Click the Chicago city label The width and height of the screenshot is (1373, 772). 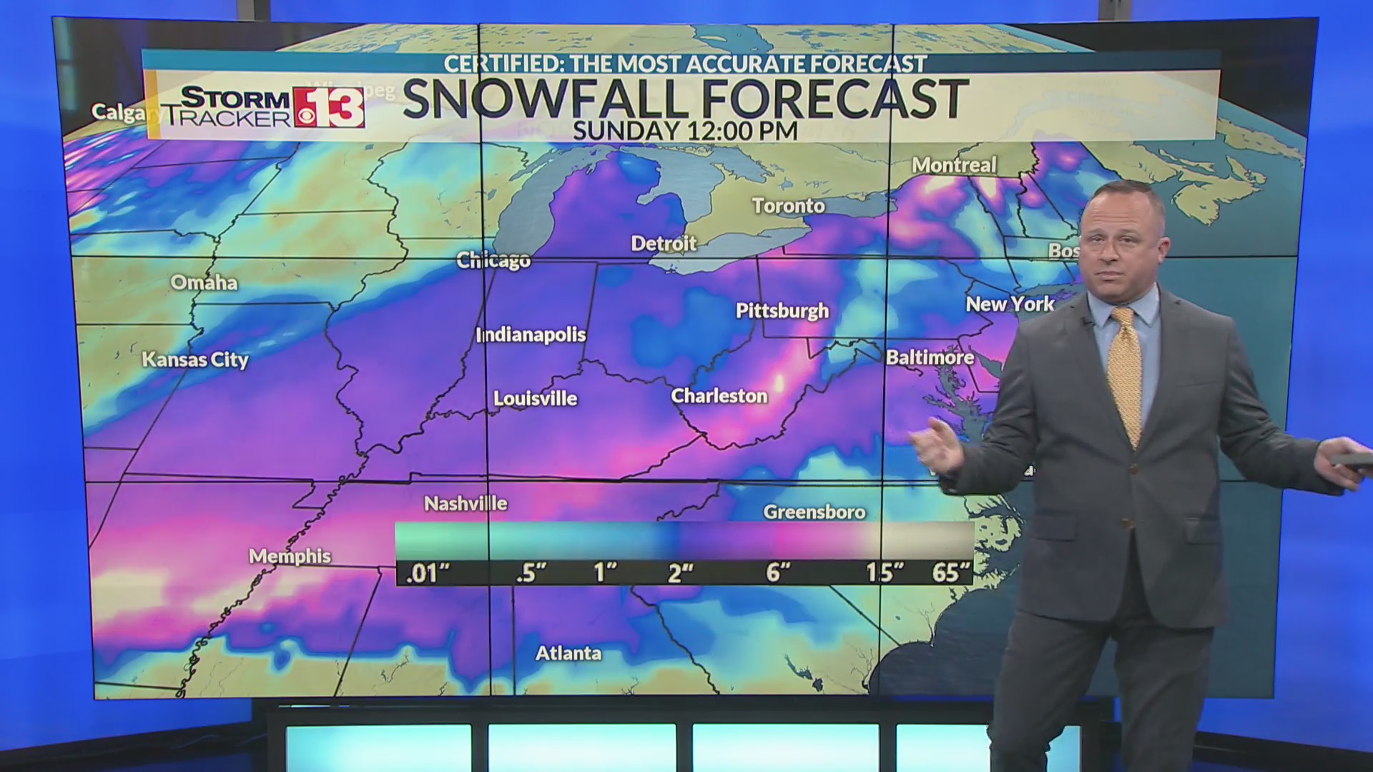point(493,260)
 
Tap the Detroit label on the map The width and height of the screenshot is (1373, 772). point(664,244)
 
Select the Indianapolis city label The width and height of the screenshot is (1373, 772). point(531,335)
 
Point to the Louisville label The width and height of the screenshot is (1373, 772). point(535,398)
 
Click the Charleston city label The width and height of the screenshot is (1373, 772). point(719,395)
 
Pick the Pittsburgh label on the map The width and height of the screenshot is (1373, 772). point(782,310)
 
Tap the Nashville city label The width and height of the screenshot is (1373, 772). point(466,504)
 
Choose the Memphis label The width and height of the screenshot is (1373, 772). point(290,555)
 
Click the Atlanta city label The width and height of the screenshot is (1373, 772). point(569,653)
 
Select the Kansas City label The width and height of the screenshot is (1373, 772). point(195,359)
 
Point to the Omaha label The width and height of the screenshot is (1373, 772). point(204,282)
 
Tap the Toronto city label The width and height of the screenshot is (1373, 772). point(788,206)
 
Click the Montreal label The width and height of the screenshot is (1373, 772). point(954,165)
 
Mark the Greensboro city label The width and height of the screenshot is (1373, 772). point(814,512)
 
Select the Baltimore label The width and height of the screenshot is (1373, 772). point(930,357)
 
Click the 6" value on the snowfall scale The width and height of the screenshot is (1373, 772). point(778,572)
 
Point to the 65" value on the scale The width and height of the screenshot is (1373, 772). point(951,572)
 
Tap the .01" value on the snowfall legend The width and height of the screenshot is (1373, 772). point(427,573)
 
